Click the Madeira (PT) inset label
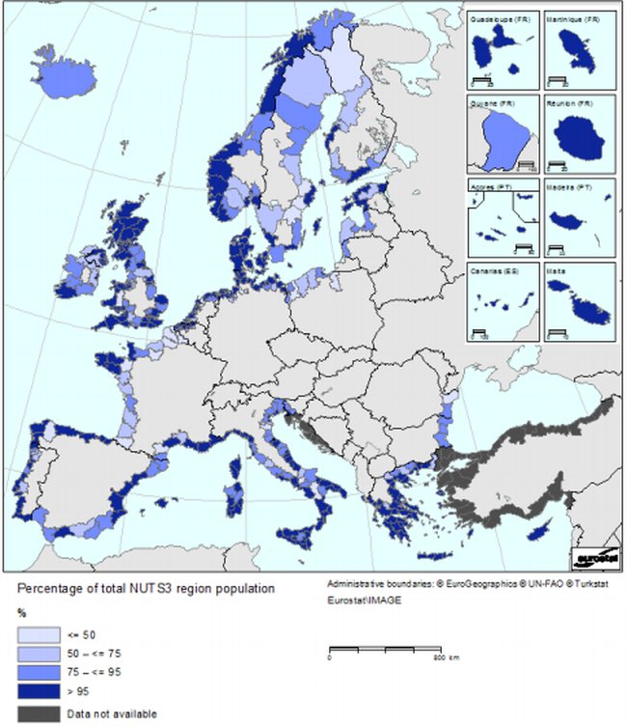point(569,188)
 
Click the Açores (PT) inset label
point(489,188)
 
